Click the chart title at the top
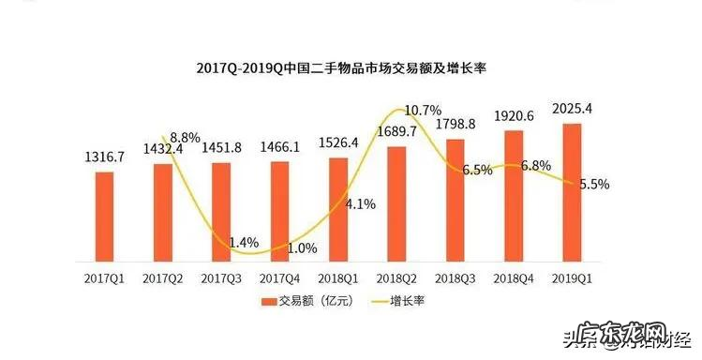pyautogui.click(x=350, y=67)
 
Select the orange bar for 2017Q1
pyautogui.click(x=105, y=216)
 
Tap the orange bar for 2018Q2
pyautogui.click(x=396, y=203)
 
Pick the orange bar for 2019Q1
pyautogui.click(x=573, y=192)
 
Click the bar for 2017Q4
pyautogui.click(x=280, y=211)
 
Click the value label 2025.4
pyautogui.click(x=572, y=111)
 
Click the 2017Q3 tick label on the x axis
pyautogui.click(x=221, y=277)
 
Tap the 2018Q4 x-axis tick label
pyautogui.click(x=514, y=277)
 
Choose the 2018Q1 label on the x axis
pyautogui.click(x=338, y=277)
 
